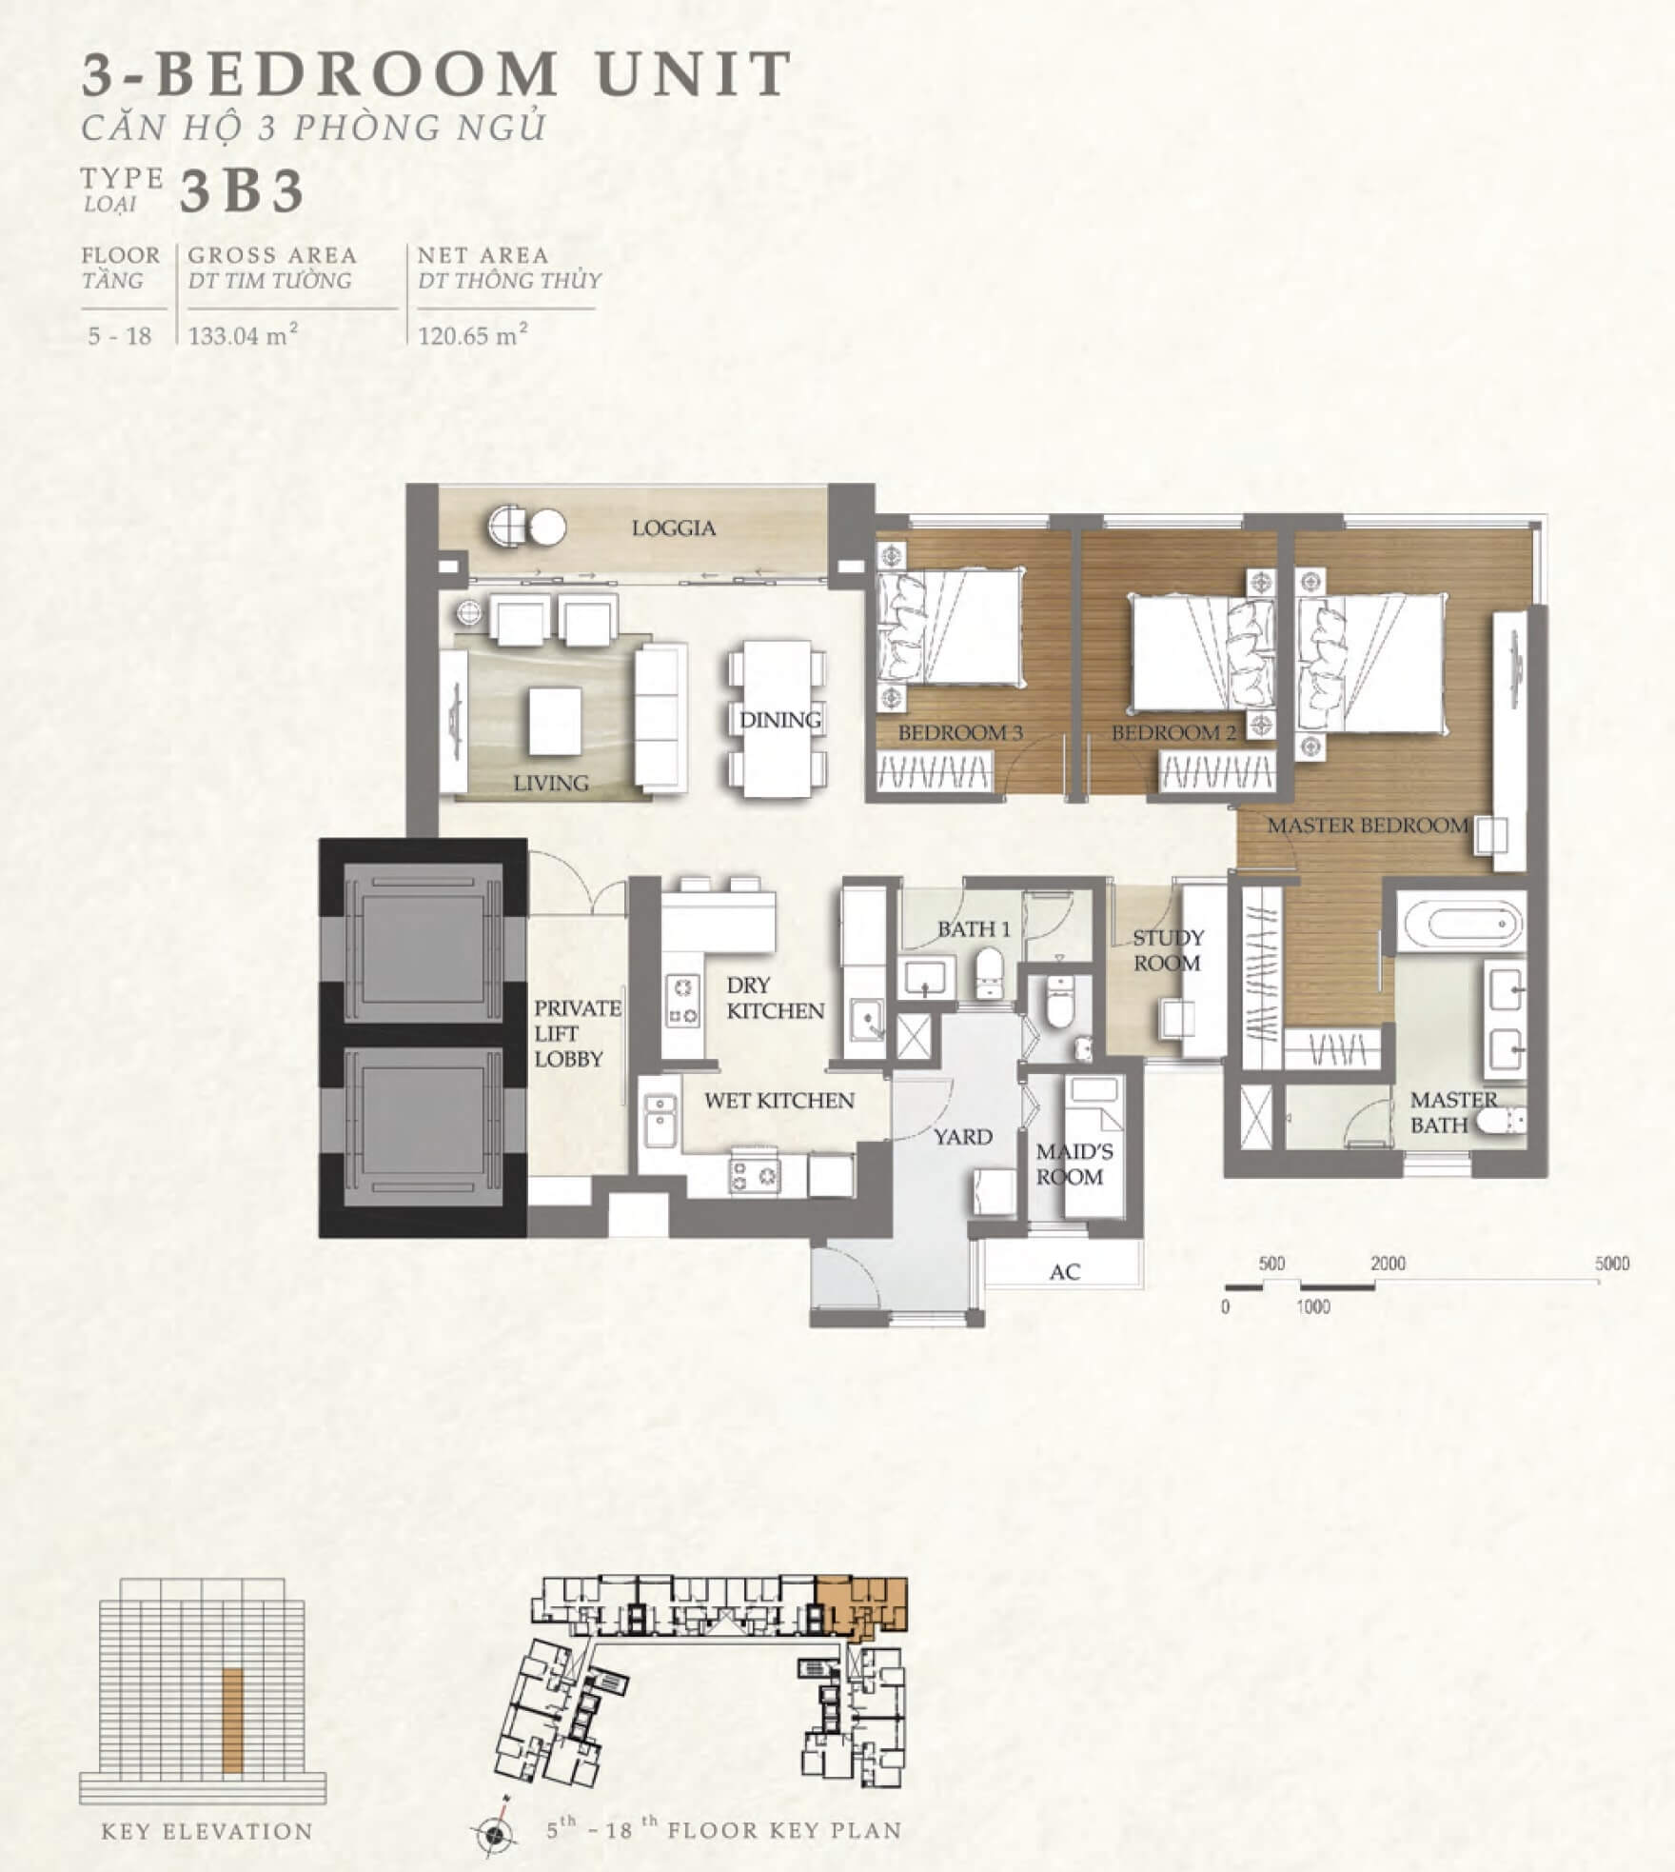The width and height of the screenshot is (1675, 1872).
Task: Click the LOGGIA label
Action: [674, 528]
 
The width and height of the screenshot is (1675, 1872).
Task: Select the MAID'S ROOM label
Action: [1070, 1164]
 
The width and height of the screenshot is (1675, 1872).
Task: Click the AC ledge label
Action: [1065, 1271]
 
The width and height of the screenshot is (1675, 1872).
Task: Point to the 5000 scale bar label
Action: [1612, 1264]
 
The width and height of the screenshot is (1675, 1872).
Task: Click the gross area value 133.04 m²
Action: [243, 335]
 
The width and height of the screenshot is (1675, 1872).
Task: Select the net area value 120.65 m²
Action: [473, 335]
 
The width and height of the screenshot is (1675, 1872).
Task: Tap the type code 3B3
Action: [242, 190]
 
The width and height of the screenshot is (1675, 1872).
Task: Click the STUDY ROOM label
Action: [1168, 950]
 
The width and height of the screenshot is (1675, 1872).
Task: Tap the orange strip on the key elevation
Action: [232, 1720]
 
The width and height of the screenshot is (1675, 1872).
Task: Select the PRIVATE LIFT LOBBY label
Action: [577, 1033]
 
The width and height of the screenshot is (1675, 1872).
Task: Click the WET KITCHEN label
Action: [779, 1101]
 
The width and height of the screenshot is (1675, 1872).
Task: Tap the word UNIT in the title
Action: [696, 73]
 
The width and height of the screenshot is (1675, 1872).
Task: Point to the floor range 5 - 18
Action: [120, 336]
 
